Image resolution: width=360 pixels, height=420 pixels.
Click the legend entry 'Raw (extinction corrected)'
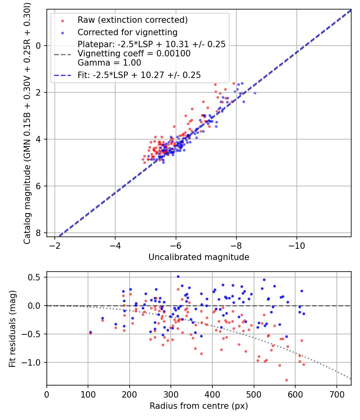[x=132, y=20]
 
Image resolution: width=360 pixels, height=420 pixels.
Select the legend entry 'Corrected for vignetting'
[x=127, y=32]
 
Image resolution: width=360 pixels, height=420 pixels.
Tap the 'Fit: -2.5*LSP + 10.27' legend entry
[x=139, y=75]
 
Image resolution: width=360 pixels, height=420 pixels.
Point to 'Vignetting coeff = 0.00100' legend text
[x=134, y=53]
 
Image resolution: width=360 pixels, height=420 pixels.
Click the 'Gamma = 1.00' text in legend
[x=109, y=62]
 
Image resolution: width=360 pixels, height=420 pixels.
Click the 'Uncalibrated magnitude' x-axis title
[x=199, y=257]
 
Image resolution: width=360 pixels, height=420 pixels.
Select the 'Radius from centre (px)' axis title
[x=199, y=406]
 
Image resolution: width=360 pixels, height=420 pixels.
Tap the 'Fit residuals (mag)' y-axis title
[x=12, y=329]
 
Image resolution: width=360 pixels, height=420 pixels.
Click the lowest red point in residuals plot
[x=286, y=380]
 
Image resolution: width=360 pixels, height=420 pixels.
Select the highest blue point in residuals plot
[x=178, y=276]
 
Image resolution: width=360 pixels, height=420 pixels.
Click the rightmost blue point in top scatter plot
[x=255, y=93]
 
